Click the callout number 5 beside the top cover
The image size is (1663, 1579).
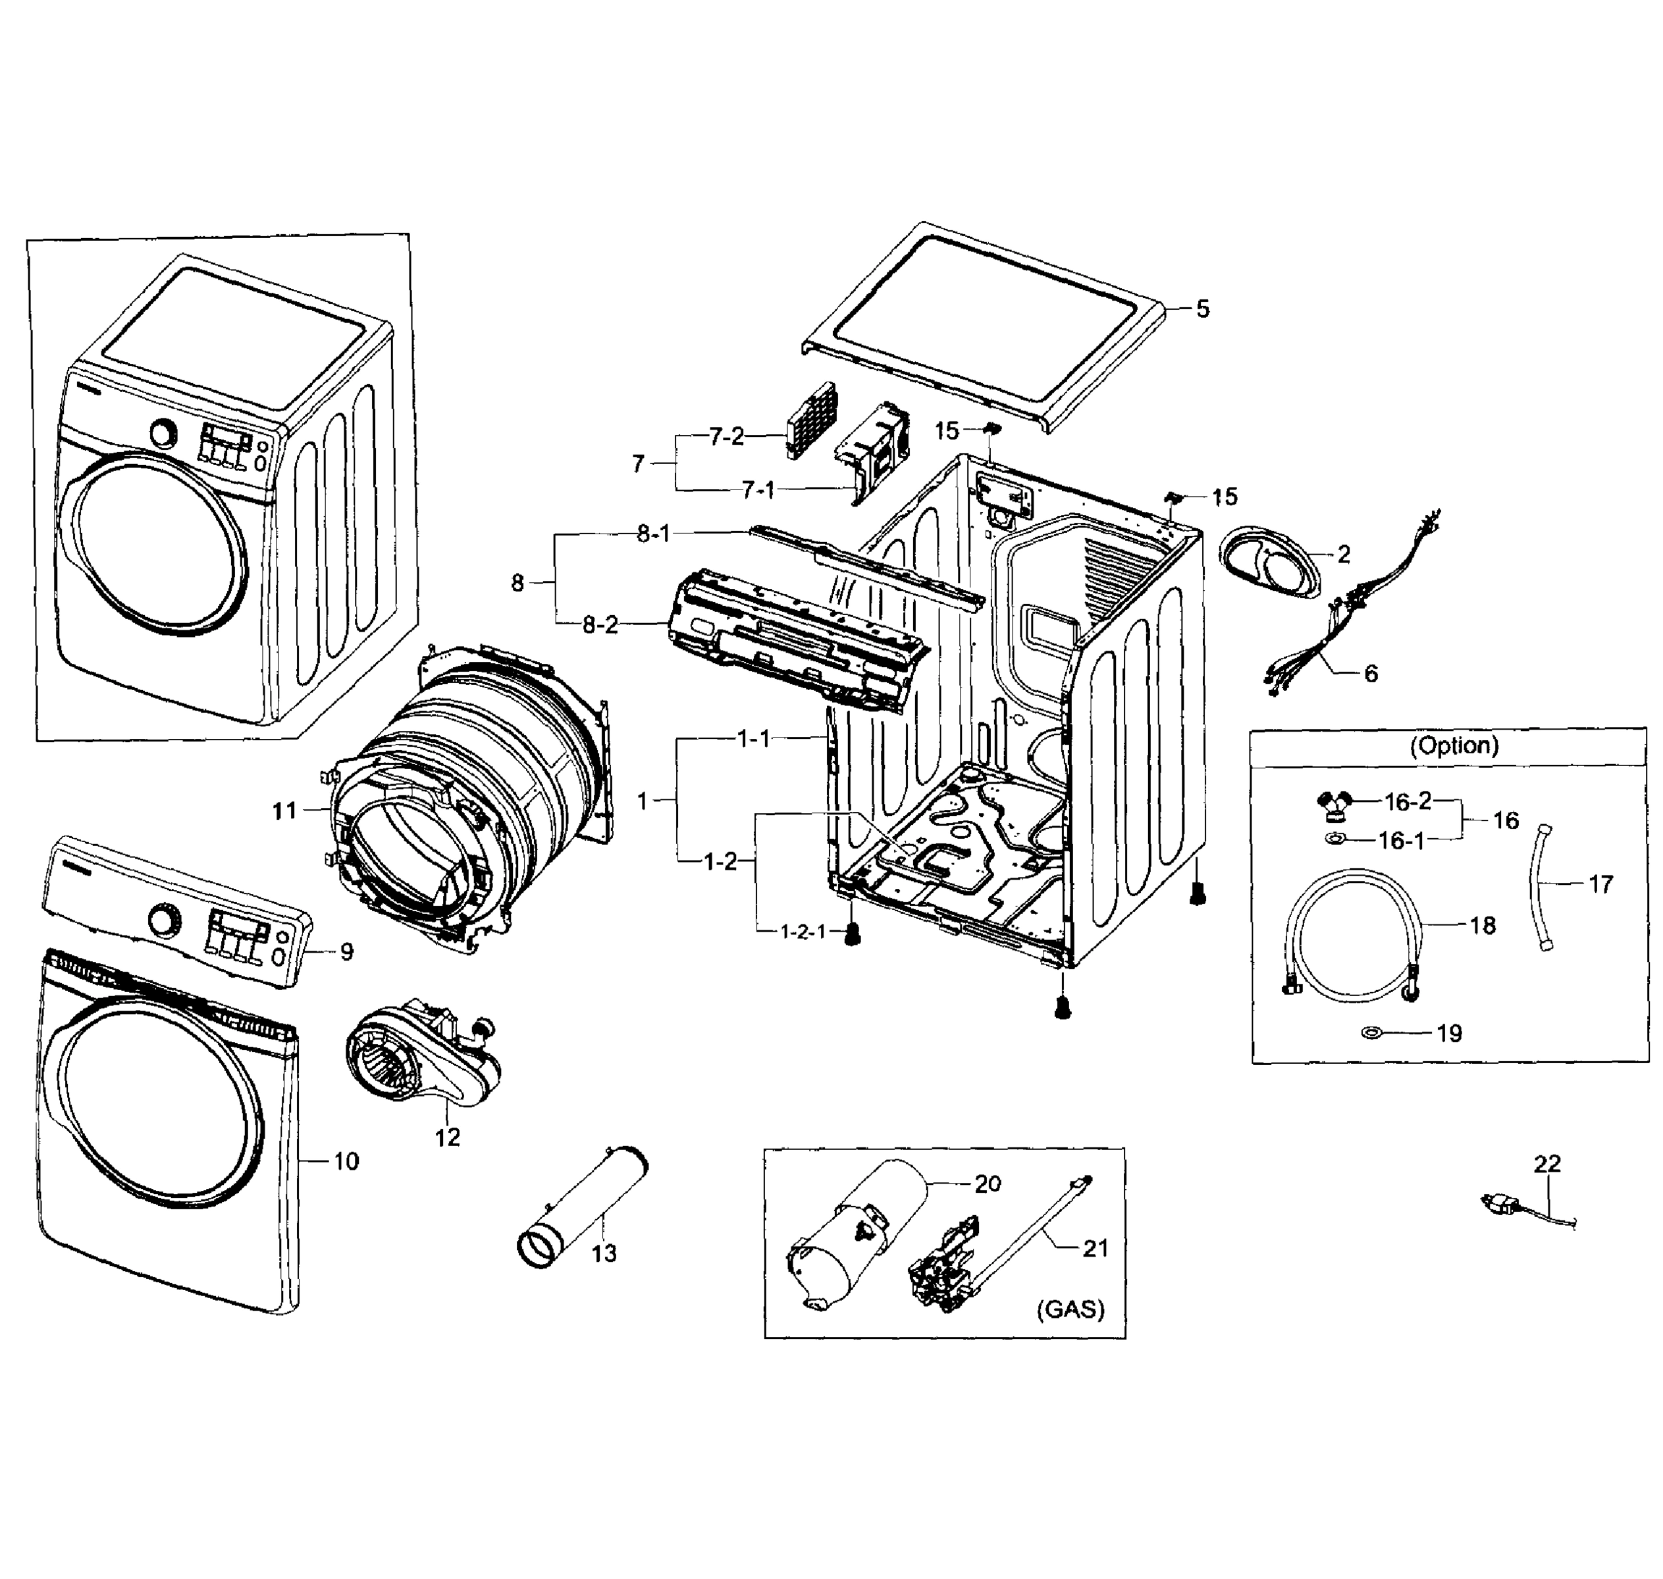tap(1202, 309)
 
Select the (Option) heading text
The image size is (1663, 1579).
tap(1454, 745)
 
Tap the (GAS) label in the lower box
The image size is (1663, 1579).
tap(1070, 1309)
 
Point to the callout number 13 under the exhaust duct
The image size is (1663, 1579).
tap(604, 1253)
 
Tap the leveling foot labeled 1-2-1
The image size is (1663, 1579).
tap(853, 932)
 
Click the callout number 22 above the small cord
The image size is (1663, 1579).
tap(1546, 1163)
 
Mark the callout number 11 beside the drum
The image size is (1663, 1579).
tap(284, 811)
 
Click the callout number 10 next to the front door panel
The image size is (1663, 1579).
tap(346, 1161)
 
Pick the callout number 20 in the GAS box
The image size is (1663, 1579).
tap(987, 1184)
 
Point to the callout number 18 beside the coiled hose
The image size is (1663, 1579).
tap(1482, 926)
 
